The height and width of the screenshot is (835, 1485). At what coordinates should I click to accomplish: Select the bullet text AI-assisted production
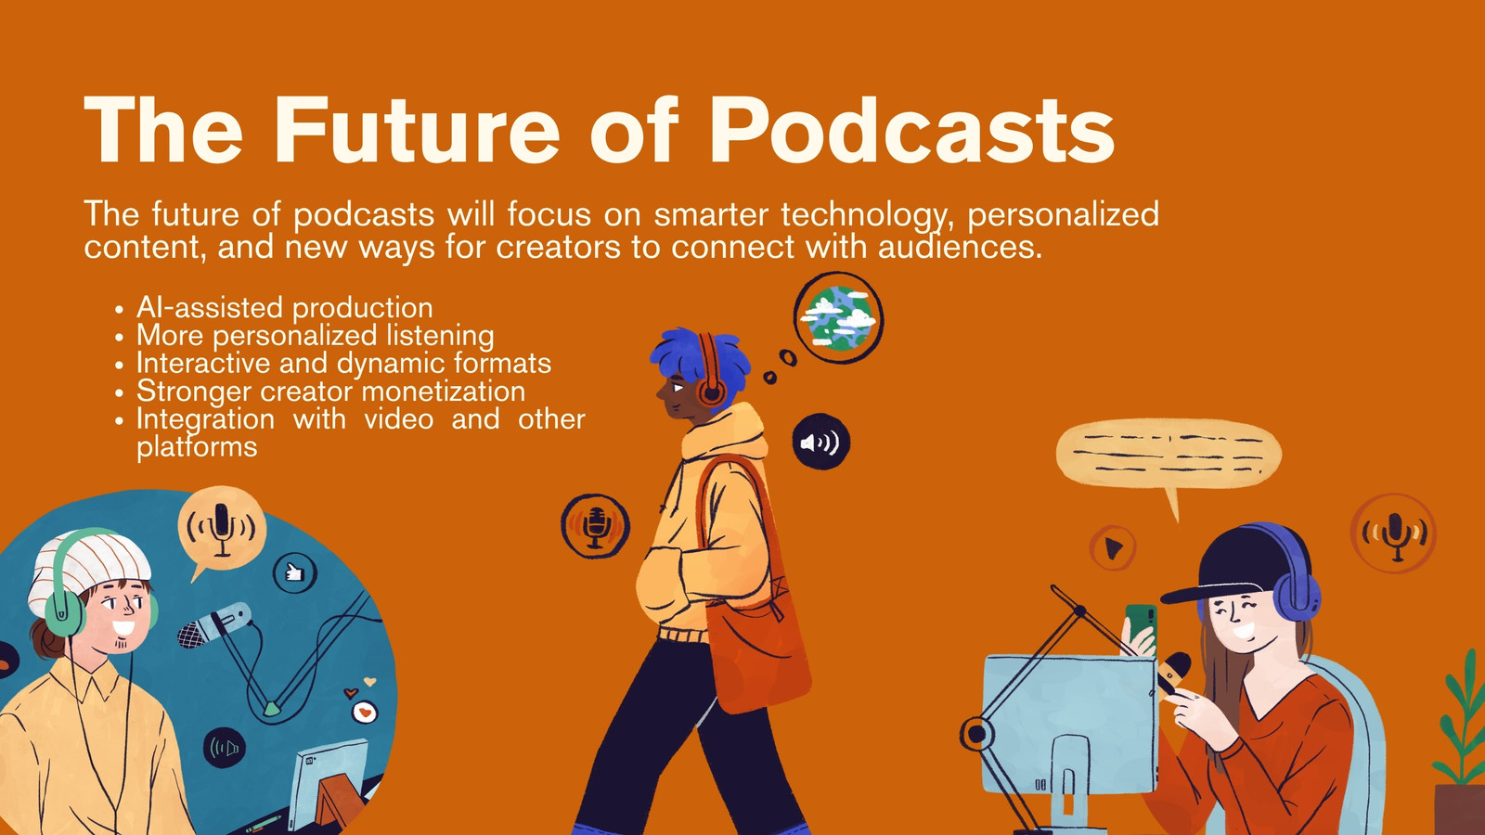coord(284,307)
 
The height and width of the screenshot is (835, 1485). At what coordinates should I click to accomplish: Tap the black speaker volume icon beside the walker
coord(821,442)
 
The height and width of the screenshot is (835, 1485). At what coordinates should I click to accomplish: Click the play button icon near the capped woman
coord(1113,548)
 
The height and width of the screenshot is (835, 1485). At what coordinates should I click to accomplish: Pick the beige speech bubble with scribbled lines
coord(1169,455)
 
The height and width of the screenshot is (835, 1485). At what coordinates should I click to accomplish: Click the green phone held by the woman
coord(1142,623)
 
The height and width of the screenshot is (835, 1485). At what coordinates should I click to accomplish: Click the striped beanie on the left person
coord(89,569)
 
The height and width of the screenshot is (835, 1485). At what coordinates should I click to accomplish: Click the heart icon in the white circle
coord(364,713)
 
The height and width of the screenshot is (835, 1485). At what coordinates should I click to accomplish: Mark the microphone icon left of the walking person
coord(595,526)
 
